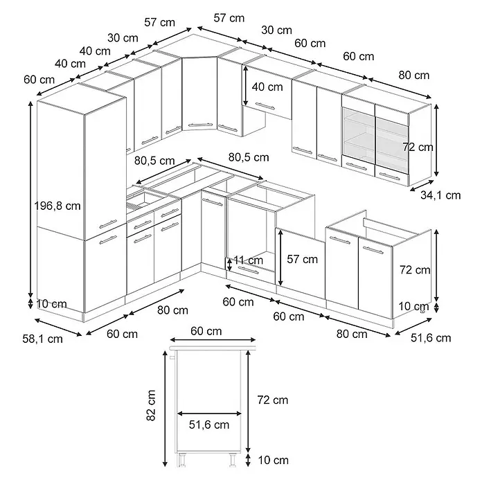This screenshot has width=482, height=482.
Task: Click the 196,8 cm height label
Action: (x=57, y=206)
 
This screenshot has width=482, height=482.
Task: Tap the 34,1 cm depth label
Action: (x=440, y=195)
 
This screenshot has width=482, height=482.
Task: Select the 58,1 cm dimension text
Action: (x=42, y=339)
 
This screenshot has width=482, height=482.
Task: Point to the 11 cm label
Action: (x=249, y=260)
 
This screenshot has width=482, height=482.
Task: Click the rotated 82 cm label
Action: (x=151, y=405)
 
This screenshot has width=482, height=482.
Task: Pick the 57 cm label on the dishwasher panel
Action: (x=302, y=259)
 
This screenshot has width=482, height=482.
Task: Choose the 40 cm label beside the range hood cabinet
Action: (x=267, y=87)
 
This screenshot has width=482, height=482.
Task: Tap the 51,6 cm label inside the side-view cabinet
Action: (x=209, y=425)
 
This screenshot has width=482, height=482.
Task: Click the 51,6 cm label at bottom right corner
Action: (x=431, y=338)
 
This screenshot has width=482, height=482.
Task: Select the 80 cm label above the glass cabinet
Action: (x=413, y=75)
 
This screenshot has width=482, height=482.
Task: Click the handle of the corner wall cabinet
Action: (x=201, y=125)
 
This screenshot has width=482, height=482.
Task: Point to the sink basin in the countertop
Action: (x=139, y=200)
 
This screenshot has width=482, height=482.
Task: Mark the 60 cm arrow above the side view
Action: (x=213, y=339)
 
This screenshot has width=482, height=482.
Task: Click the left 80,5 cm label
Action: (x=154, y=161)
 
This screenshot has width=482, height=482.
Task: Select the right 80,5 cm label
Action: (x=249, y=157)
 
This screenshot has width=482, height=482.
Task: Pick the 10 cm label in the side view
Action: (x=274, y=460)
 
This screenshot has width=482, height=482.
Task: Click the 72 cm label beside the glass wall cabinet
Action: (x=418, y=148)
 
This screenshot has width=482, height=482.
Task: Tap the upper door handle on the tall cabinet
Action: (x=108, y=224)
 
